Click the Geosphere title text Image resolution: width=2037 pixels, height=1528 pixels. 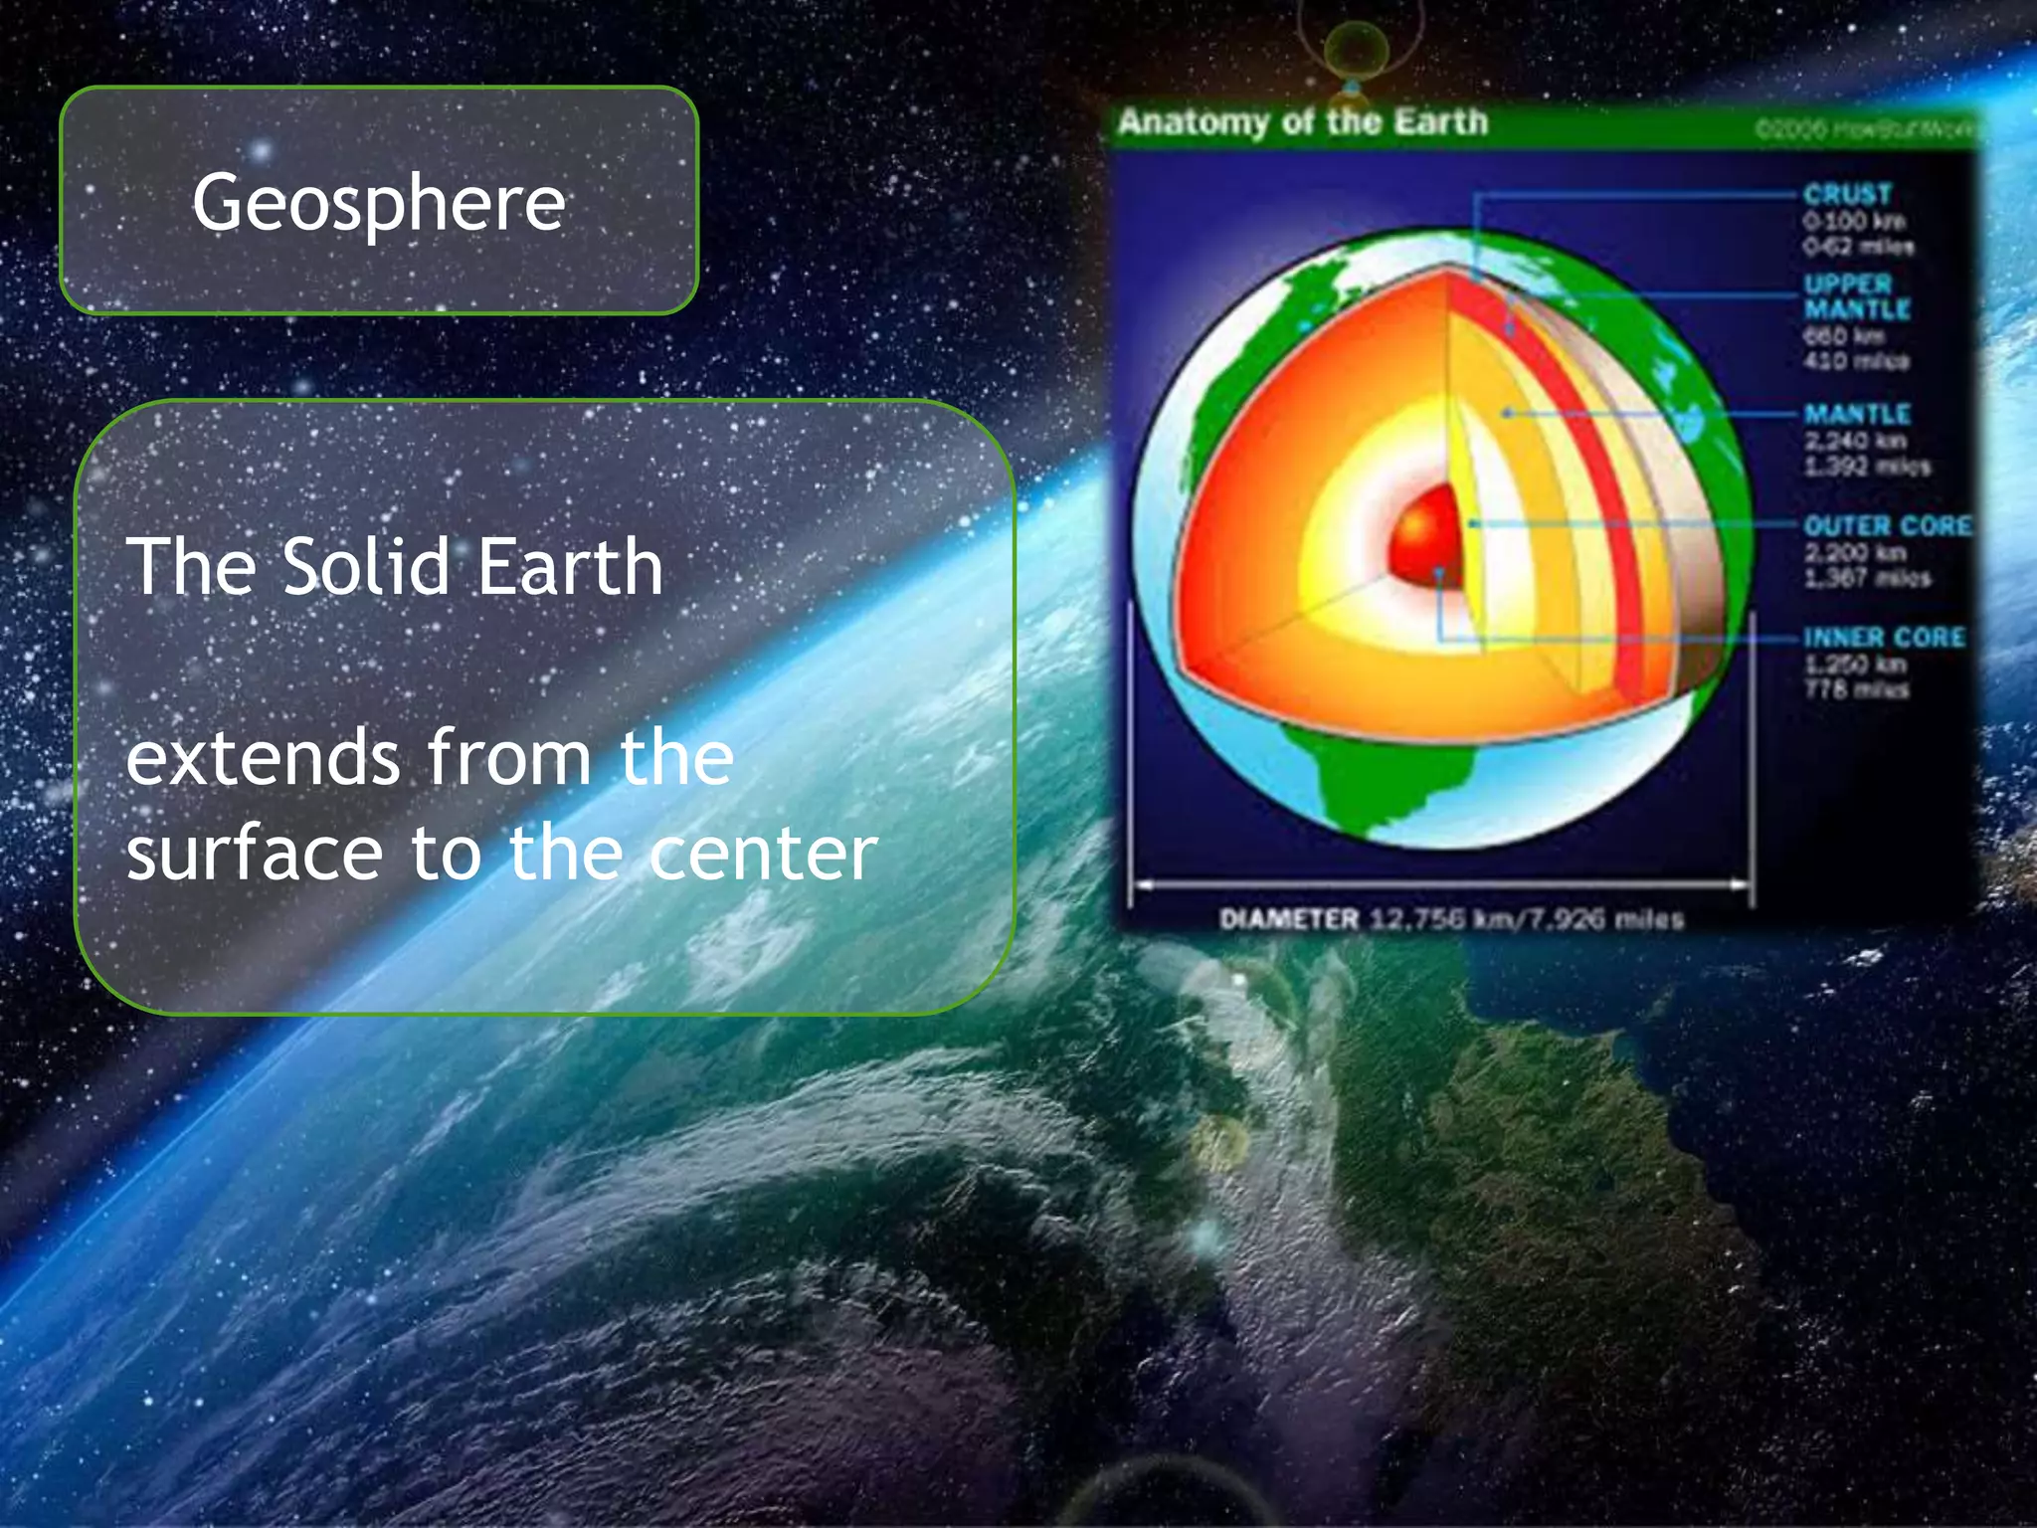pos(379,203)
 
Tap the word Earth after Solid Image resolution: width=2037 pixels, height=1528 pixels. pos(570,567)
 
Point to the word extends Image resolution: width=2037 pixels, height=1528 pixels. pos(264,758)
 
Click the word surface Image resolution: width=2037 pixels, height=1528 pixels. pos(255,854)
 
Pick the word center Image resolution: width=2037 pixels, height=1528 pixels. pos(764,854)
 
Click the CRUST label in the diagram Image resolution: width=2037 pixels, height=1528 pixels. pos(1847,194)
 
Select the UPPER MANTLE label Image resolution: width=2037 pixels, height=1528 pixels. pos(1857,296)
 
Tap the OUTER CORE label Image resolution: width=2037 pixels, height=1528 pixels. pos(1887,525)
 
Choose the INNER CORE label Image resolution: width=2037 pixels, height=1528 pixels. pos(1884,637)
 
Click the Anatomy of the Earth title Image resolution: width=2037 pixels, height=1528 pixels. pos(1303,122)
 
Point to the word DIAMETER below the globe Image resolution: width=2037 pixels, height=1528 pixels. pos(1289,918)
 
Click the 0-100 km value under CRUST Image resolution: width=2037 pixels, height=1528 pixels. pos(1854,220)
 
